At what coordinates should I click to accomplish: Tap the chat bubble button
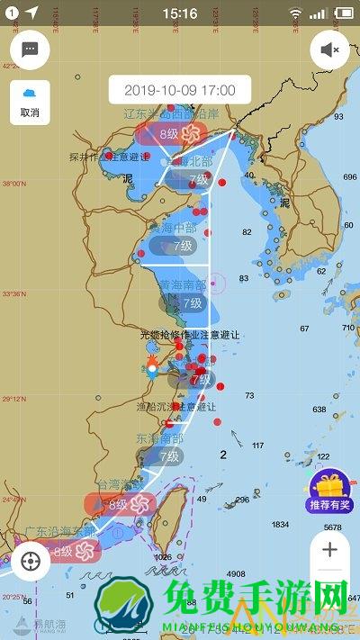(30, 50)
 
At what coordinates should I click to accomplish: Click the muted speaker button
(329, 50)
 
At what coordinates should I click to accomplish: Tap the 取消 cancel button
(30, 103)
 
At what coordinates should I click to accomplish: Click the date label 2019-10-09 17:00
(179, 90)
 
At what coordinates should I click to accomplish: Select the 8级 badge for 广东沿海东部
(64, 551)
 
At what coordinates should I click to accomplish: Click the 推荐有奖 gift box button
(329, 491)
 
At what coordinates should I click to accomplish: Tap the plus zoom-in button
(329, 549)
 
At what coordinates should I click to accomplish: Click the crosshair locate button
(32, 562)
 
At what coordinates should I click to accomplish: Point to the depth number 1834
(281, 524)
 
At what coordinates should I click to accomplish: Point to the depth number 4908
(237, 573)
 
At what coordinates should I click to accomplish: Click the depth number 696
(349, 177)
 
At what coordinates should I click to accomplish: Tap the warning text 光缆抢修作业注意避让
(191, 334)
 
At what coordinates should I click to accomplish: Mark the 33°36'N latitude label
(14, 293)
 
